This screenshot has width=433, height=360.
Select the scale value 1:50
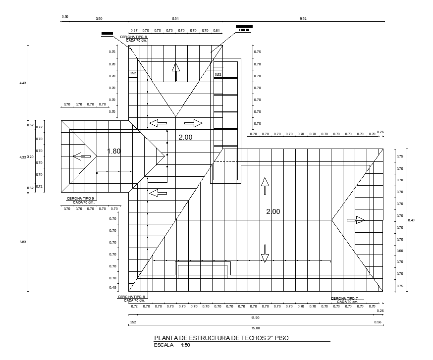186,345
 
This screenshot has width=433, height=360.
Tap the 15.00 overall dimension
256,328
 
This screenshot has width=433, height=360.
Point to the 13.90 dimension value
256,317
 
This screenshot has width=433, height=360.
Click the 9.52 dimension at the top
303,18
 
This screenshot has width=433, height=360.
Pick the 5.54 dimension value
175,18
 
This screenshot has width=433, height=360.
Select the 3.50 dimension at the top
99,18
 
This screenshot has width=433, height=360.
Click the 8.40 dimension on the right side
411,219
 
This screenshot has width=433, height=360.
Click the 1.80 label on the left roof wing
114,151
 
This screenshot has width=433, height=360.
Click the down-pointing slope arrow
265,253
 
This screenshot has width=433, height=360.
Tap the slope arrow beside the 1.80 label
82,156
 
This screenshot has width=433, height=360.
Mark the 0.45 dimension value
112,288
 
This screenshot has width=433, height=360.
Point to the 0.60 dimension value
400,251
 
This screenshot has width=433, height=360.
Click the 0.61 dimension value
216,31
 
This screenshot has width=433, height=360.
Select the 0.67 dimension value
134,31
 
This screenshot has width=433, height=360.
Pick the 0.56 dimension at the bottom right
379,322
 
